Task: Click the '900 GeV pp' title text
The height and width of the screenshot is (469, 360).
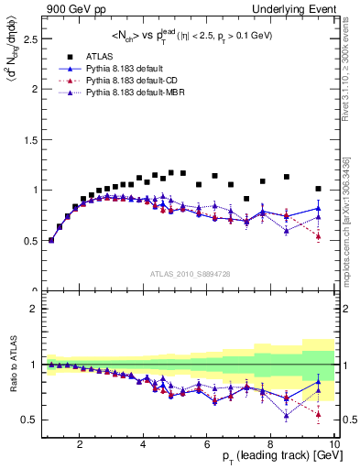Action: [x=70, y=8]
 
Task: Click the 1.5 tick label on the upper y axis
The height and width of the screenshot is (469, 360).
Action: [x=29, y=140]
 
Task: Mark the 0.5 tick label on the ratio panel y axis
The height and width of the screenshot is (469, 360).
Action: [x=29, y=420]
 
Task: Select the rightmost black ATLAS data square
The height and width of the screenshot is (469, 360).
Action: [x=318, y=189]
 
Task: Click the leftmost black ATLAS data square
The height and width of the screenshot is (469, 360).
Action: [x=51, y=240]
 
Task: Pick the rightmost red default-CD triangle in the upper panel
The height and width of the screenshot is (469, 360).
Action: [x=318, y=236]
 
